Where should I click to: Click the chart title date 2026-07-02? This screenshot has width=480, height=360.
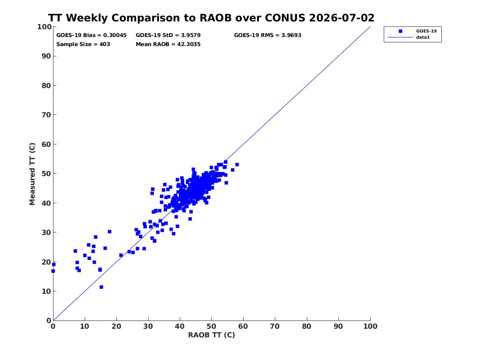[x=342, y=18]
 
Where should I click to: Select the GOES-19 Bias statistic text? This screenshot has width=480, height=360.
[x=91, y=35]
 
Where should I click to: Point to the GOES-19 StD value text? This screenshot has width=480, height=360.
[x=168, y=35]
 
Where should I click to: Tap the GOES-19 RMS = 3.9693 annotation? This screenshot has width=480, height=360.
[x=267, y=35]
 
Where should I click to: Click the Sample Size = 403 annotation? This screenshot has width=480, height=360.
[x=83, y=44]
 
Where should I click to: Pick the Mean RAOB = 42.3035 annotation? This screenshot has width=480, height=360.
[x=168, y=44]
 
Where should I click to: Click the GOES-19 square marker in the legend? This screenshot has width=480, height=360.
[x=400, y=31]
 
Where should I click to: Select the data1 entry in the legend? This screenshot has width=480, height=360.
[x=423, y=37]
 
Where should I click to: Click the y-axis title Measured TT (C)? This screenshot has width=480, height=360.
[x=32, y=174]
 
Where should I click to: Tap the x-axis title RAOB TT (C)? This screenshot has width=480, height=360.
[x=211, y=335]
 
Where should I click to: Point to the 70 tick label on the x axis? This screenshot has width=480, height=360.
[x=275, y=326]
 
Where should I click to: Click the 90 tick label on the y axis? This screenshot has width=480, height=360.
[x=46, y=56]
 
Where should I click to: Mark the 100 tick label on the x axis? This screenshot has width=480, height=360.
[x=370, y=326]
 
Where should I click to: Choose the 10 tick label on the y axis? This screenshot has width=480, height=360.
[x=46, y=291]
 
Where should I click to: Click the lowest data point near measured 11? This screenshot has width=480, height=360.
[x=101, y=287]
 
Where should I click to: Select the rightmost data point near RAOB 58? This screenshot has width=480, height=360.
[x=237, y=165]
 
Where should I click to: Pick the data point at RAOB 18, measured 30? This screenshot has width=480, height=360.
[x=109, y=232]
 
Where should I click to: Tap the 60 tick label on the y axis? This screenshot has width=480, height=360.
[x=46, y=144]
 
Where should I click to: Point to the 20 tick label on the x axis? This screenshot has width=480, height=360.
[x=116, y=326]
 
